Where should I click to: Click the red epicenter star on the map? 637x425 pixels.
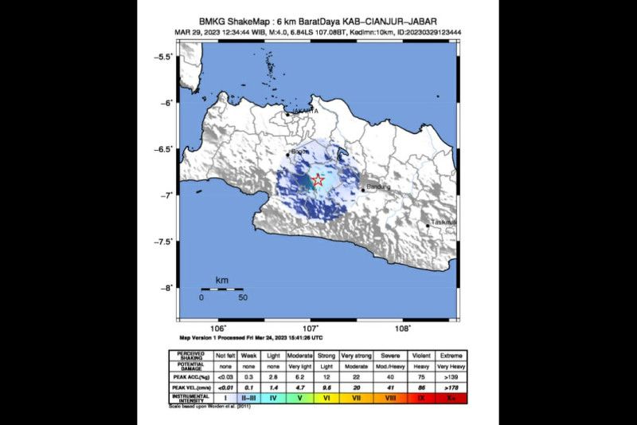[x=317, y=180]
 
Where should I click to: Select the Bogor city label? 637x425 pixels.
[x=300, y=152]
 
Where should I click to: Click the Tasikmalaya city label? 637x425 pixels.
[x=443, y=222]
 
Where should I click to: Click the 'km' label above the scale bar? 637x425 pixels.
[x=222, y=281]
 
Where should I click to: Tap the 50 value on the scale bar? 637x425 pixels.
[x=243, y=297]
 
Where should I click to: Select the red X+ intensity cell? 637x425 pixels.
[x=451, y=395]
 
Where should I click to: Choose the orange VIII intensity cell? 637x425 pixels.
[x=389, y=395]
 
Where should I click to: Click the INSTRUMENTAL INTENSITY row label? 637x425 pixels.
[x=190, y=395]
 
